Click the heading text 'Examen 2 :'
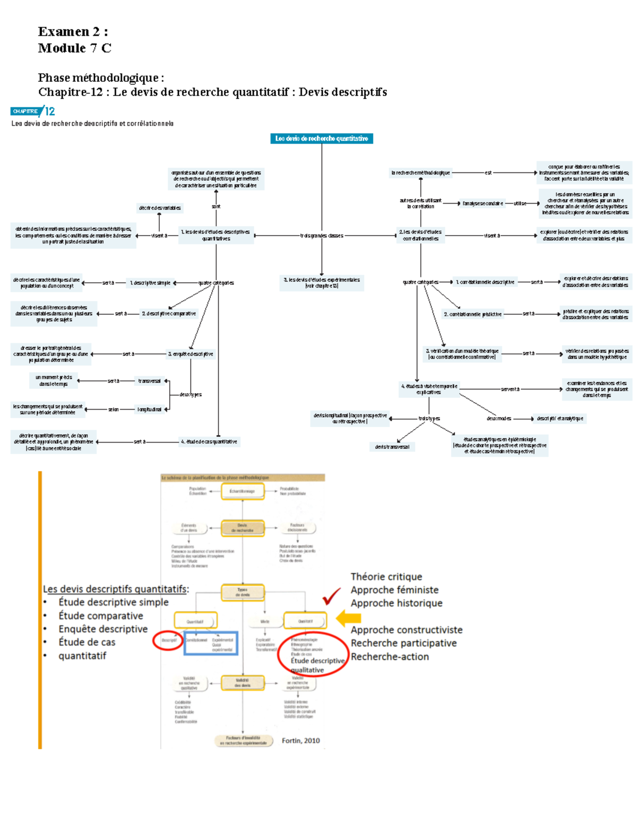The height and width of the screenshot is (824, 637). [73, 32]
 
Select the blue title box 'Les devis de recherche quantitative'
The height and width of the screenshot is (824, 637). [321, 138]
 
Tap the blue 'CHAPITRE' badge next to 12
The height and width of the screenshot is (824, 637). [25, 111]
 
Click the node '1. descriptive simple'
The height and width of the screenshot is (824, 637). [150, 283]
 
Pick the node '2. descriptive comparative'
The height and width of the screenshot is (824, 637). [168, 314]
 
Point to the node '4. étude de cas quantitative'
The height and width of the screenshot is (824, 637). [209, 441]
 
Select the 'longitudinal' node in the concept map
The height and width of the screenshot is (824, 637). [149, 409]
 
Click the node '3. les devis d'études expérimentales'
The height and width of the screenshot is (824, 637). [322, 283]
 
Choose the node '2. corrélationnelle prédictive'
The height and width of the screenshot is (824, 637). [472, 314]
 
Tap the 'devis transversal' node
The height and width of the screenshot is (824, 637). [392, 447]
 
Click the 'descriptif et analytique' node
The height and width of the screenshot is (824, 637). [559, 419]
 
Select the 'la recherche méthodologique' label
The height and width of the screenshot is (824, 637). [420, 172]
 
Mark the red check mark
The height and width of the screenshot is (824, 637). [331, 596]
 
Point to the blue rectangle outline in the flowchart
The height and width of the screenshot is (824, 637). [211, 643]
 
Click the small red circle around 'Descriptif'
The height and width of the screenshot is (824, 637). [168, 640]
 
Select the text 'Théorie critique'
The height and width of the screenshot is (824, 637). [386, 577]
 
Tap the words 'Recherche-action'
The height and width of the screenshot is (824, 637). [389, 656]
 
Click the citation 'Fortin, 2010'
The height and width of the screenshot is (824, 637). [300, 741]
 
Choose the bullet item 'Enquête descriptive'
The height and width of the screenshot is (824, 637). [103, 629]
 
